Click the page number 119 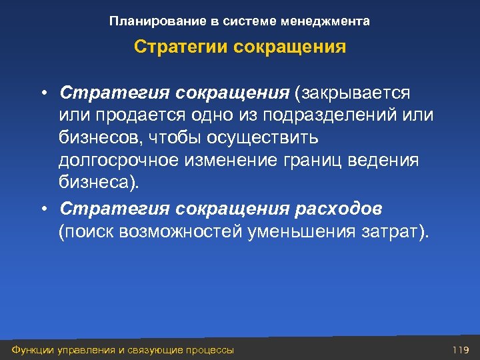click(x=461, y=350)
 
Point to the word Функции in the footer click(x=27, y=350)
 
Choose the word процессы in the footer click(x=210, y=350)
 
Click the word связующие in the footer click(x=155, y=350)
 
